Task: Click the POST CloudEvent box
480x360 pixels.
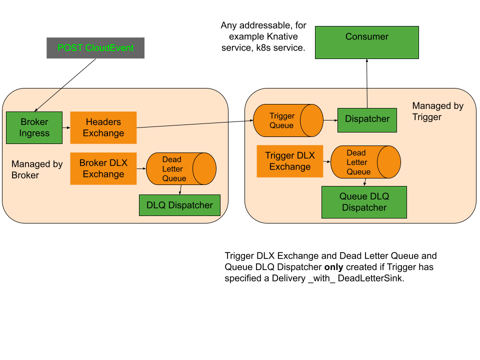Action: (x=95, y=48)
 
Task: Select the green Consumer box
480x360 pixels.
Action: (x=366, y=42)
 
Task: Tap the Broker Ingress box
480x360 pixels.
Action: (x=34, y=127)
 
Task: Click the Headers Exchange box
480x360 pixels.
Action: (x=103, y=127)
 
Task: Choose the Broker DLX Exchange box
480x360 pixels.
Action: (x=103, y=168)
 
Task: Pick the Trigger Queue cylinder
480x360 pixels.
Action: (x=288, y=120)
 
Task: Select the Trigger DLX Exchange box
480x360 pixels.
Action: (x=290, y=161)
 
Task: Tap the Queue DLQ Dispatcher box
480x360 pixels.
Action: (x=364, y=202)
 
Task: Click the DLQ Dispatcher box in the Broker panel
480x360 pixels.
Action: (x=179, y=205)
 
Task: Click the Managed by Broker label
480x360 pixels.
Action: (x=37, y=169)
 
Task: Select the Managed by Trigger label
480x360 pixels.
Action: (x=437, y=111)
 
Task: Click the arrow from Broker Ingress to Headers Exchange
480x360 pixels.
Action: (x=66, y=128)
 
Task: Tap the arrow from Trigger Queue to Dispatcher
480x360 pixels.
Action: (x=330, y=120)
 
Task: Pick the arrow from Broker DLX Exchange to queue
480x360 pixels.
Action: (x=141, y=168)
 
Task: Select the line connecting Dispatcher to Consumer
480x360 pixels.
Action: (x=367, y=98)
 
